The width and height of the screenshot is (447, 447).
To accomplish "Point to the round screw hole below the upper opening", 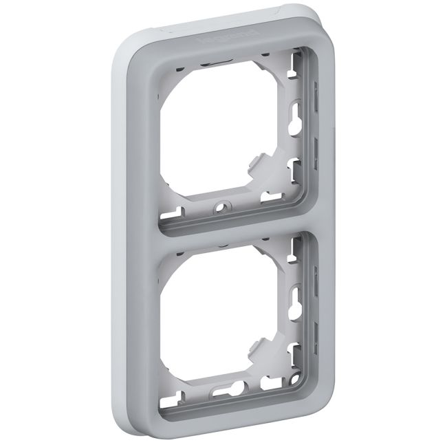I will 221,206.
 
